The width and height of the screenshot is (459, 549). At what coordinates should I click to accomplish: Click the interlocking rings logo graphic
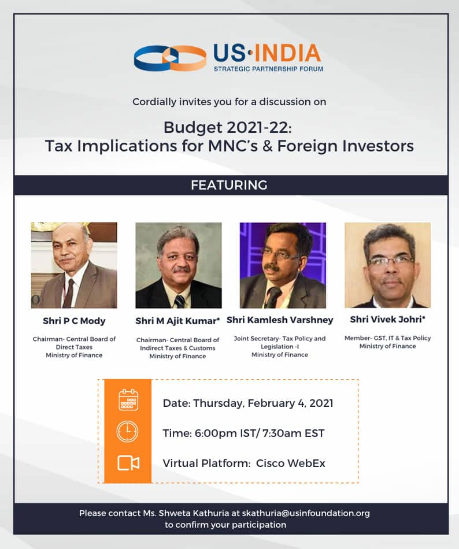click(170, 58)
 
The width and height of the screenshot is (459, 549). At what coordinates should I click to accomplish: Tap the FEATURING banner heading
click(229, 185)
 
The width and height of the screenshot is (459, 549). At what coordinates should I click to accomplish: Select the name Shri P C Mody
click(74, 321)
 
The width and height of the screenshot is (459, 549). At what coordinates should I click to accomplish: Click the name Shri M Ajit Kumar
click(177, 321)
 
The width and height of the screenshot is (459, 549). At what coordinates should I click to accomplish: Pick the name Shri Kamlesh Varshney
click(280, 320)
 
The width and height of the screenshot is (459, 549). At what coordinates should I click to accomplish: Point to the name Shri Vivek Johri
click(387, 320)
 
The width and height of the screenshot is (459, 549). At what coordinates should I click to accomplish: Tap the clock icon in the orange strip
click(127, 431)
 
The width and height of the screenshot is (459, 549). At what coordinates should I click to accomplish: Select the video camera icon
click(128, 463)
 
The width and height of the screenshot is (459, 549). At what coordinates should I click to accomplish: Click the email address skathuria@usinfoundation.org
click(306, 513)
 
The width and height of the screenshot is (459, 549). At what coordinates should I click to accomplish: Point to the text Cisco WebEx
click(291, 463)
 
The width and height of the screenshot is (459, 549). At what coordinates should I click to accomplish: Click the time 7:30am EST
click(294, 433)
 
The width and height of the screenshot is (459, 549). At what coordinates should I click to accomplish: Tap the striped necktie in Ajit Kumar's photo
click(180, 301)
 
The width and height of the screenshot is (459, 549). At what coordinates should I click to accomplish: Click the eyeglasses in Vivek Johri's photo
click(390, 262)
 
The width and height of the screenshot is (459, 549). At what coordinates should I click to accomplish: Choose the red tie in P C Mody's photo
click(69, 294)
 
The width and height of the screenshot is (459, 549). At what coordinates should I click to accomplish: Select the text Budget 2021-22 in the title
click(227, 128)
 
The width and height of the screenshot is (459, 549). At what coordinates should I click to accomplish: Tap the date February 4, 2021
click(290, 403)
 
